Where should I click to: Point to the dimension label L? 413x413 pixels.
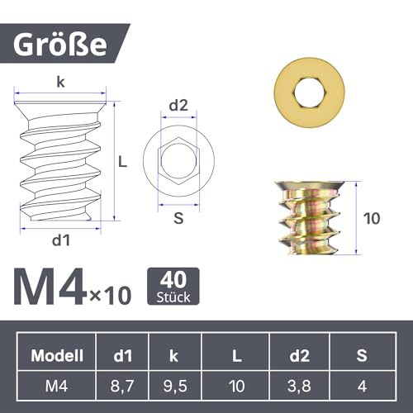point(123,163)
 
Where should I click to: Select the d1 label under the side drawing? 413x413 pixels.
point(61,241)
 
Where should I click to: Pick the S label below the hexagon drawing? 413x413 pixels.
point(178,218)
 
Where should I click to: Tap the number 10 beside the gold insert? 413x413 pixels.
point(373,219)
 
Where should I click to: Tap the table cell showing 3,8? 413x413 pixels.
point(299,384)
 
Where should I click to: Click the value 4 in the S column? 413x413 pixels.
point(362,384)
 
